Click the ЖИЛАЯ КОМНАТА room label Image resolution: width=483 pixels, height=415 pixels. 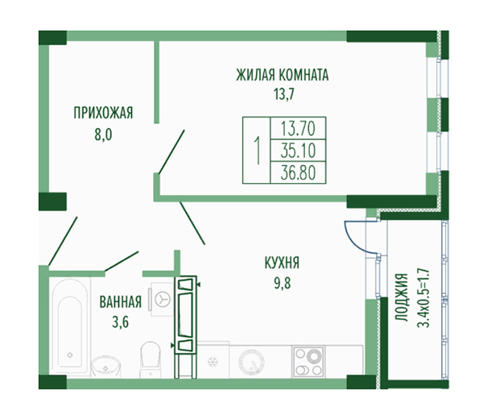pyautogui.click(x=283, y=75)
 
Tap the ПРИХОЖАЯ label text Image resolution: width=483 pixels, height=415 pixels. pyautogui.click(x=103, y=113)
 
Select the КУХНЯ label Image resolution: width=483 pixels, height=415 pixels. pyautogui.click(x=282, y=264)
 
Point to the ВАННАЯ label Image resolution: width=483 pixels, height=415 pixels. pyautogui.click(x=121, y=302)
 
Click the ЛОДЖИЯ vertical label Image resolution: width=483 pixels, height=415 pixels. pyautogui.click(x=402, y=297)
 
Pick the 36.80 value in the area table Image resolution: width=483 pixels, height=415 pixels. pyautogui.click(x=298, y=172)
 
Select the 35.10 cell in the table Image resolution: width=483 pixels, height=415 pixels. pyautogui.click(x=298, y=151)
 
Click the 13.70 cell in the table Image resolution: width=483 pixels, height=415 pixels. pyautogui.click(x=298, y=129)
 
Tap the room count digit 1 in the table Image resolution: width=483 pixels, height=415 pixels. pyautogui.click(x=257, y=151)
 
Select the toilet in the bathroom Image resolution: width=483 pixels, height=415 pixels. pyautogui.click(x=151, y=359)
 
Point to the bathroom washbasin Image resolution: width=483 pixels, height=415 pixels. pyautogui.click(x=105, y=366)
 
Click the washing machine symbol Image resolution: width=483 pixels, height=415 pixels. pyautogui.click(x=163, y=300)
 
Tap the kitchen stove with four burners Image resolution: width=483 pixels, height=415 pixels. pyautogui.click(x=308, y=361)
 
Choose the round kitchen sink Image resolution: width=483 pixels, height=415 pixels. pyautogui.click(x=251, y=361)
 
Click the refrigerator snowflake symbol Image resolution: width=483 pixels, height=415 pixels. pyautogui.click(x=212, y=362)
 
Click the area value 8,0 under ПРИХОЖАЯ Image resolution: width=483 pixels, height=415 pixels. pyautogui.click(x=104, y=135)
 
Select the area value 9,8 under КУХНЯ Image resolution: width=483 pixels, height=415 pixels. pyautogui.click(x=283, y=283)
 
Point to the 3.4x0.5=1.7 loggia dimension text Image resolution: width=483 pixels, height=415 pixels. pyautogui.click(x=423, y=297)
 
